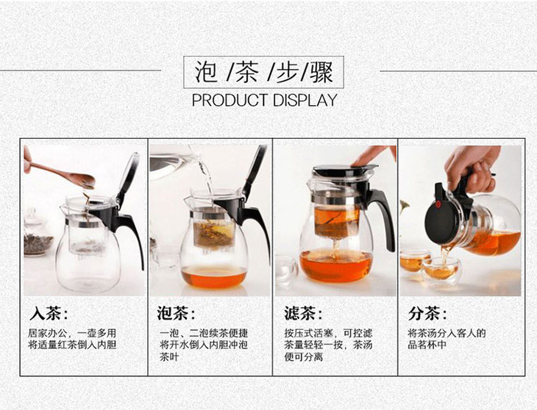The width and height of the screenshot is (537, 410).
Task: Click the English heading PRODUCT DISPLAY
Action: click(x=264, y=100)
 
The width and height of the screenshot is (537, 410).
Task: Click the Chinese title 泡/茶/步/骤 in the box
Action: click(x=263, y=72)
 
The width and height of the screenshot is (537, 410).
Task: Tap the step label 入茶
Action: click(x=49, y=313)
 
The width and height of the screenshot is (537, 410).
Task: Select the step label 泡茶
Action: click(x=176, y=313)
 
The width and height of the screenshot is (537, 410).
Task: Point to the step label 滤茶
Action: click(x=303, y=313)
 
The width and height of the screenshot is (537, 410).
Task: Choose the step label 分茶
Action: click(x=427, y=313)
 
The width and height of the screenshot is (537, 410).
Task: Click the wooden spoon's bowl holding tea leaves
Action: click(x=82, y=180)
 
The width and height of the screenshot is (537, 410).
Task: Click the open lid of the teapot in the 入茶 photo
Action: click(x=129, y=178)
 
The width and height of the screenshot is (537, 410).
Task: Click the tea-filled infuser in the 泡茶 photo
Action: click(x=214, y=232)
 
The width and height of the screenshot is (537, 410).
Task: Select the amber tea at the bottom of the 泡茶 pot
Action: click(x=214, y=276)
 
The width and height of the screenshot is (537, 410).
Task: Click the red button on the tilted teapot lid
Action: click(x=438, y=204)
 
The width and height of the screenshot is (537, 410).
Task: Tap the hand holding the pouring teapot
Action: click(x=472, y=168)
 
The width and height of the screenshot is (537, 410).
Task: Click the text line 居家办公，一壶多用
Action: click(x=72, y=333)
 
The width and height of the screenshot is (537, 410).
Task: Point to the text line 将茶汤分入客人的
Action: click(x=447, y=333)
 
